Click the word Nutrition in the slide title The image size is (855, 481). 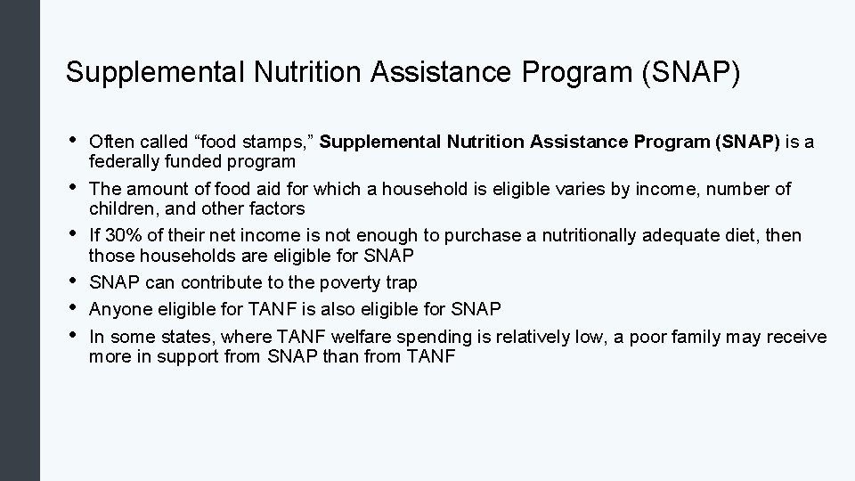pos(295,73)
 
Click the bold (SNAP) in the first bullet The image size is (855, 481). pos(747,143)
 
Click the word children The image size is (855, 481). pos(117,208)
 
